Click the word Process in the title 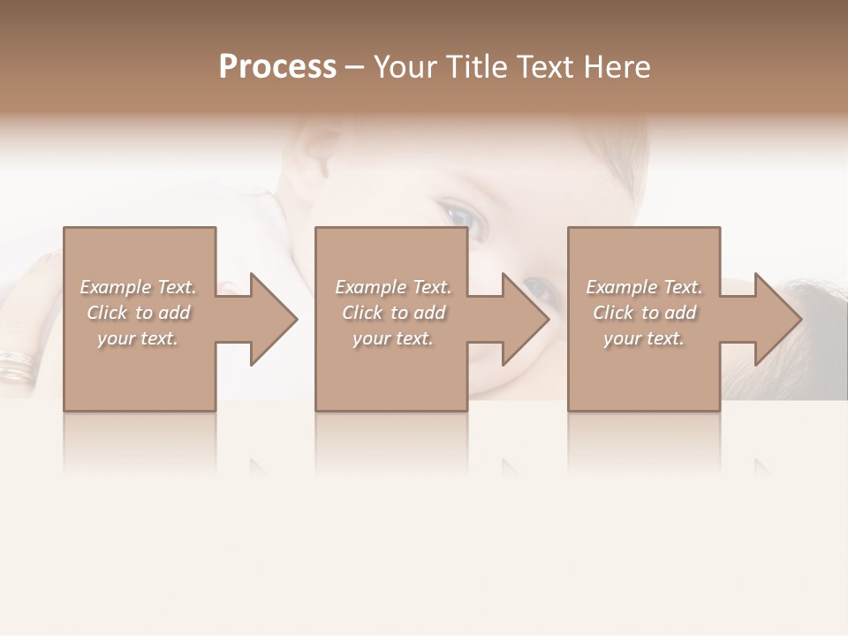coord(277,67)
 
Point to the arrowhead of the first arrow coord(273,319)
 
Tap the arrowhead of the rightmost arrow coord(777,319)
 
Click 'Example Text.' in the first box coord(138,287)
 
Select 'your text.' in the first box coord(138,338)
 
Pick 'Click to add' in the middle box coord(393,313)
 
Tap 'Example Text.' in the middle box coord(393,287)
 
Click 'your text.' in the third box coord(644,338)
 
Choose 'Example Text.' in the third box coord(644,287)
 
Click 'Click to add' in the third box coord(644,313)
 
